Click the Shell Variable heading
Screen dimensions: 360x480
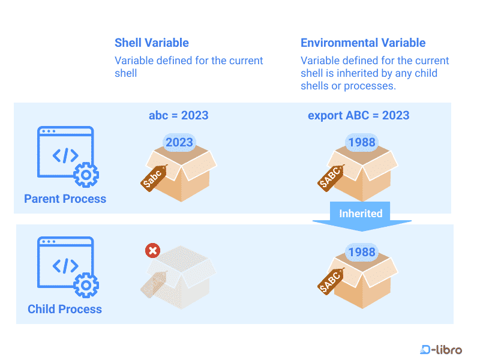point(152,43)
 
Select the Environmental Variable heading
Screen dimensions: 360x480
point(363,43)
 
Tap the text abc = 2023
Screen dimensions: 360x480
point(179,115)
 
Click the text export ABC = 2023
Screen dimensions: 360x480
point(359,115)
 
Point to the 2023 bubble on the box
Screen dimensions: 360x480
point(179,142)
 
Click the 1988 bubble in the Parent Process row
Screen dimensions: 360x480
point(361,142)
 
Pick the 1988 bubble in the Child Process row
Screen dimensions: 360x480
point(361,252)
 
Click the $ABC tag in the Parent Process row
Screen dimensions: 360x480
point(331,177)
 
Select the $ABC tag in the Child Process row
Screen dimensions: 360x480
point(331,281)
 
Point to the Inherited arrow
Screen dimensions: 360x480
point(361,216)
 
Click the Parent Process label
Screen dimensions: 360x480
point(65,199)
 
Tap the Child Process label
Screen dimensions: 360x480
point(65,309)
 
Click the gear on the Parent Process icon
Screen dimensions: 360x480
point(86,175)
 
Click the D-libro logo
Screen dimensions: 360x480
point(441,349)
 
